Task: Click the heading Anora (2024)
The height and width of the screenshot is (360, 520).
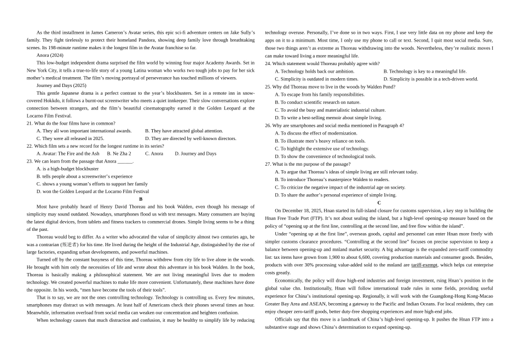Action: coord(50,55)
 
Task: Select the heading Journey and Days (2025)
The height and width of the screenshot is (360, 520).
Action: coord(61,85)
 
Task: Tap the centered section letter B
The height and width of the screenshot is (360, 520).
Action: coord(141,199)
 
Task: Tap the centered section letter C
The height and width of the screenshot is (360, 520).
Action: coord(379,202)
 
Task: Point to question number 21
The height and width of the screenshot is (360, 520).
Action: coord(30,123)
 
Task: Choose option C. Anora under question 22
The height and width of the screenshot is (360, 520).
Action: coord(154,154)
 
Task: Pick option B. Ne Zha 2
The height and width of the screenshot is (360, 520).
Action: coord(119,154)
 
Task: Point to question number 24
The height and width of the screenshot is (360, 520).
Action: coord(268,63)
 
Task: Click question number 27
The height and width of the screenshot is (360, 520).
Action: coord(268,164)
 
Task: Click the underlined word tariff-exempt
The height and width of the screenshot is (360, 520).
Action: coord(424,265)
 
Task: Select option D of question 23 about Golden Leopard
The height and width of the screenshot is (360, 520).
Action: coord(93,191)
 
